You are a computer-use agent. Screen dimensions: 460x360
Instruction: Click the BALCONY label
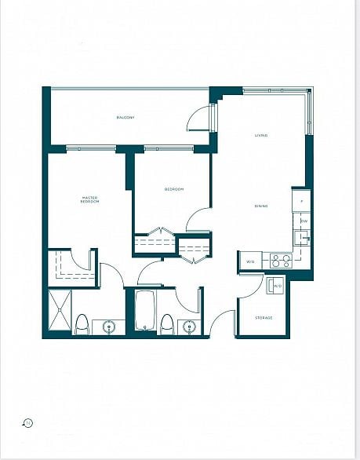pyautogui.click(x=125, y=118)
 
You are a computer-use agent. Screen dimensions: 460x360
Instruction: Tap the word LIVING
pyautogui.click(x=261, y=136)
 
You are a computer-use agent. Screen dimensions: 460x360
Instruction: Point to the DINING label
pyautogui.click(x=261, y=206)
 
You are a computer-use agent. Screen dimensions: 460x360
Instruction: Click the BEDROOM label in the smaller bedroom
pyautogui.click(x=173, y=189)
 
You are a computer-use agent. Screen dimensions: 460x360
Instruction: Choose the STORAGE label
pyautogui.click(x=264, y=317)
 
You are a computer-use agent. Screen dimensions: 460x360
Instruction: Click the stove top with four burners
pyautogui.click(x=281, y=261)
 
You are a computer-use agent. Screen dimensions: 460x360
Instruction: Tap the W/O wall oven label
pyautogui.click(x=250, y=261)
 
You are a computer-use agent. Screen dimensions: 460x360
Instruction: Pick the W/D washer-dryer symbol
pyautogui.click(x=277, y=287)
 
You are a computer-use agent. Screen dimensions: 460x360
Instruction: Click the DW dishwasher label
pyautogui.click(x=304, y=221)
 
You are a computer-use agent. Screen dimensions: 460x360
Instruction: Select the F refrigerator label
pyautogui.click(x=303, y=200)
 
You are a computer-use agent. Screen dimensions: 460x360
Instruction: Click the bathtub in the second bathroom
pyautogui.click(x=144, y=311)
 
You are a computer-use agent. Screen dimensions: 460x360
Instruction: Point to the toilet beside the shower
pyautogui.click(x=82, y=323)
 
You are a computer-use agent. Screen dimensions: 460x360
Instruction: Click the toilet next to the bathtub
pyautogui.click(x=166, y=323)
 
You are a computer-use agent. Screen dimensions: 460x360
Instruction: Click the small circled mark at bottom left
pyautogui.click(x=28, y=423)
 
